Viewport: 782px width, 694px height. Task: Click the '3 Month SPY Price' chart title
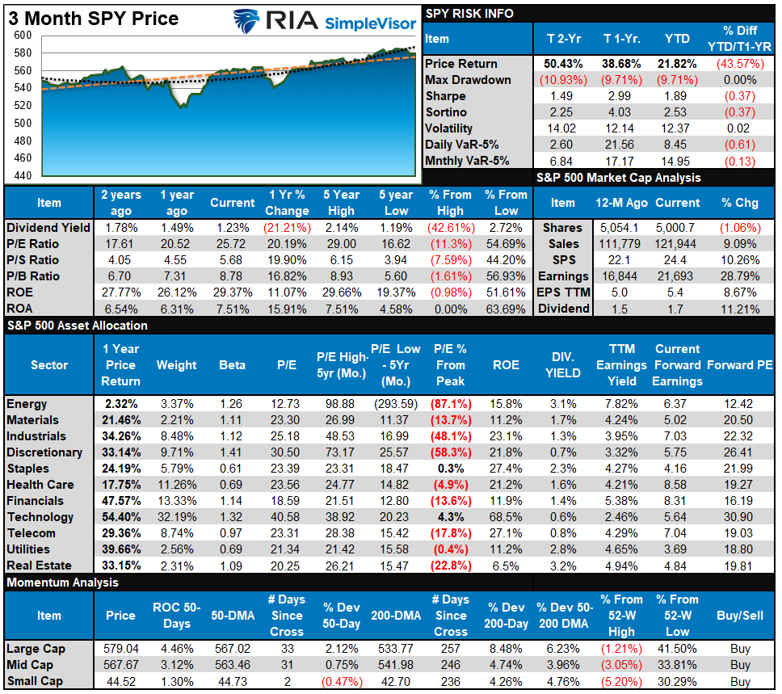pyautogui.click(x=93, y=18)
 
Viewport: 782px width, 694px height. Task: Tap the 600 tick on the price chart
pyautogui.click(x=23, y=36)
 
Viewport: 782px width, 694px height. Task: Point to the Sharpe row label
pyautogui.click(x=447, y=96)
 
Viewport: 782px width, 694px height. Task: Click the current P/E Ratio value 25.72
pyautogui.click(x=232, y=244)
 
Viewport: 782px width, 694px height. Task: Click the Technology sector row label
pyautogui.click(x=40, y=517)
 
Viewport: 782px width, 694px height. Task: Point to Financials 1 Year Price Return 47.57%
pyautogui.click(x=120, y=501)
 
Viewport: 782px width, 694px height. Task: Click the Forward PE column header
pyautogui.click(x=739, y=365)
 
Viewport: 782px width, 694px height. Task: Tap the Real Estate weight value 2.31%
pyautogui.click(x=176, y=566)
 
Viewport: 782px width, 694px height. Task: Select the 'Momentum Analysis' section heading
pyautogui.click(x=62, y=583)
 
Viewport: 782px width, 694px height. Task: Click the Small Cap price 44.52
pyautogui.click(x=120, y=680)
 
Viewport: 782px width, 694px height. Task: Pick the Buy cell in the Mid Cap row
pyautogui.click(x=739, y=664)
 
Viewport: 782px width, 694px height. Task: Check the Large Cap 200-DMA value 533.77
pyautogui.click(x=395, y=648)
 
